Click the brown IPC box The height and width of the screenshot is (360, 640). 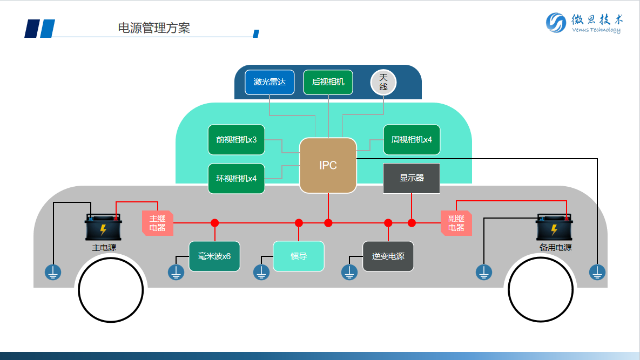tap(328, 165)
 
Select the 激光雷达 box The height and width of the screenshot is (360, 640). tap(269, 82)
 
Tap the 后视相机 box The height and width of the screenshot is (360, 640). tap(328, 82)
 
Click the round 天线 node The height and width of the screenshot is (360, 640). tap(383, 83)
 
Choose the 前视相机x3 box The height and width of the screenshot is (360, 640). tap(236, 140)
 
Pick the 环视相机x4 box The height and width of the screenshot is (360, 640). tap(236, 179)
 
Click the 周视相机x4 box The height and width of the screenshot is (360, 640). tap(412, 140)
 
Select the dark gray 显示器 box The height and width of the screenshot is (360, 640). tap(412, 178)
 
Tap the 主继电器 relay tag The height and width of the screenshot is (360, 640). tap(157, 222)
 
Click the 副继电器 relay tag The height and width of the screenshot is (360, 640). tap(456, 223)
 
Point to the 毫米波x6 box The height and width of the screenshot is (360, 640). tap(214, 256)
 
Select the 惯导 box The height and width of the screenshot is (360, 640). tap(298, 256)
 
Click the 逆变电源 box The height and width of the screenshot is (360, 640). tap(388, 256)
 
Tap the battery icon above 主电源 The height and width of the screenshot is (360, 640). tap(103, 227)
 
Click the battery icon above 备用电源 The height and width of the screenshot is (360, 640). tap(554, 227)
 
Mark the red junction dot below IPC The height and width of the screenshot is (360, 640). tap(328, 223)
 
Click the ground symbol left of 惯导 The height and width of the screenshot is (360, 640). tap(261, 273)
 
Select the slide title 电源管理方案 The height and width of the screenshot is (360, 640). tap(154, 28)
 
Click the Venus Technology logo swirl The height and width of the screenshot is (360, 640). tap(556, 22)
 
